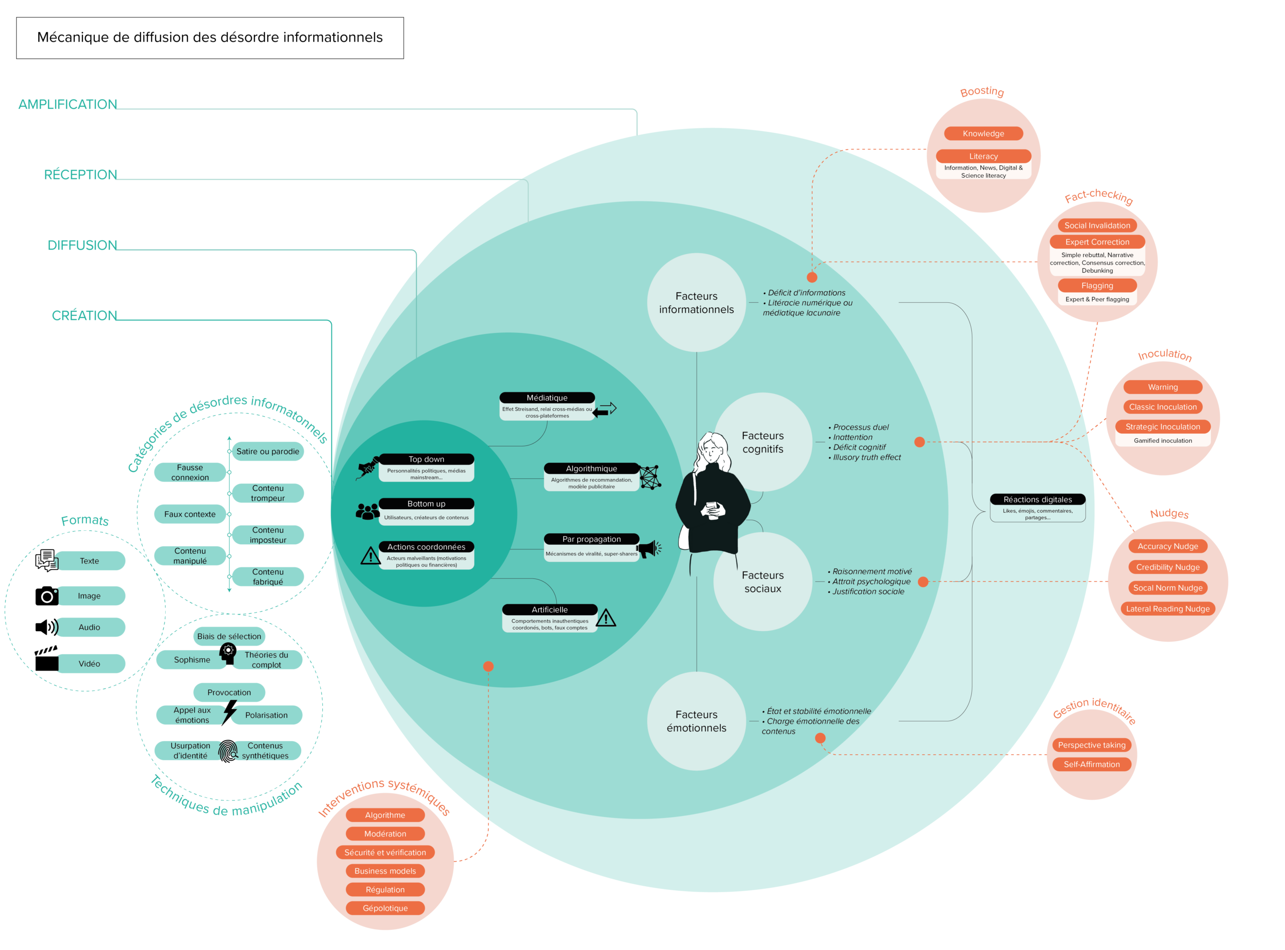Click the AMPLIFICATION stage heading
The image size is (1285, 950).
pyautogui.click(x=67, y=104)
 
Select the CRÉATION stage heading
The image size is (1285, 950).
pyautogui.click(x=84, y=315)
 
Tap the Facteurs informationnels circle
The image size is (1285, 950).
pyautogui.click(x=696, y=302)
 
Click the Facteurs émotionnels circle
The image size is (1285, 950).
pyautogui.click(x=696, y=721)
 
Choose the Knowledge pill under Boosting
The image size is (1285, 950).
pyautogui.click(x=983, y=134)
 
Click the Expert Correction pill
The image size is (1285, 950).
pyautogui.click(x=1097, y=242)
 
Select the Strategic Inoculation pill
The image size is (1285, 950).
pyautogui.click(x=1163, y=427)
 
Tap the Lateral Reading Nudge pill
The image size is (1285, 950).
pyautogui.click(x=1167, y=609)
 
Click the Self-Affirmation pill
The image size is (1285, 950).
pyautogui.click(x=1091, y=764)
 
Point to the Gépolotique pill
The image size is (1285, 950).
pyautogui.click(x=385, y=908)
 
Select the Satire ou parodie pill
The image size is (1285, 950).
pyautogui.click(x=268, y=451)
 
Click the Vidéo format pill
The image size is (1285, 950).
pyautogui.click(x=90, y=664)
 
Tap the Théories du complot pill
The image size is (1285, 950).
pyautogui.click(x=267, y=660)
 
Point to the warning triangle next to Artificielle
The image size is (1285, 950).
pyautogui.click(x=606, y=618)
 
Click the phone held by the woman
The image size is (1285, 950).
pyautogui.click(x=712, y=508)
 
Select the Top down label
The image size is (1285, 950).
pyautogui.click(x=426, y=459)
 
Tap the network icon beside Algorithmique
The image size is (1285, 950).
pyautogui.click(x=650, y=478)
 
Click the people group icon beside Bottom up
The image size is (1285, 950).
pyautogui.click(x=367, y=511)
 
